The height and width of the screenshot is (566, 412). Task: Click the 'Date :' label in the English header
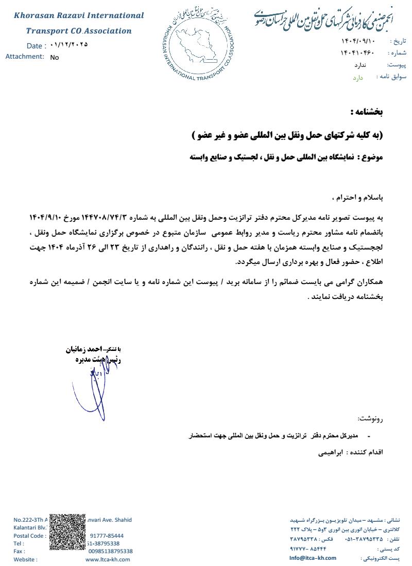coord(37,46)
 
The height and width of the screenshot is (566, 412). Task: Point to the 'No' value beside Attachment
coord(55,58)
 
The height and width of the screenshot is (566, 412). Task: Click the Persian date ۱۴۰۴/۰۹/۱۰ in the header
coord(358,41)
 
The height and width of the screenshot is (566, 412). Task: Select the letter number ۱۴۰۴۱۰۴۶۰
coord(357,53)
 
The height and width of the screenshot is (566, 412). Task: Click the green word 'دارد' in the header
coord(358,78)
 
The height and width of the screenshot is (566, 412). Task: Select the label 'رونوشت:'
coord(371,418)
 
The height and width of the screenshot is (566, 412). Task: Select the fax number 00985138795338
coord(110,551)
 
